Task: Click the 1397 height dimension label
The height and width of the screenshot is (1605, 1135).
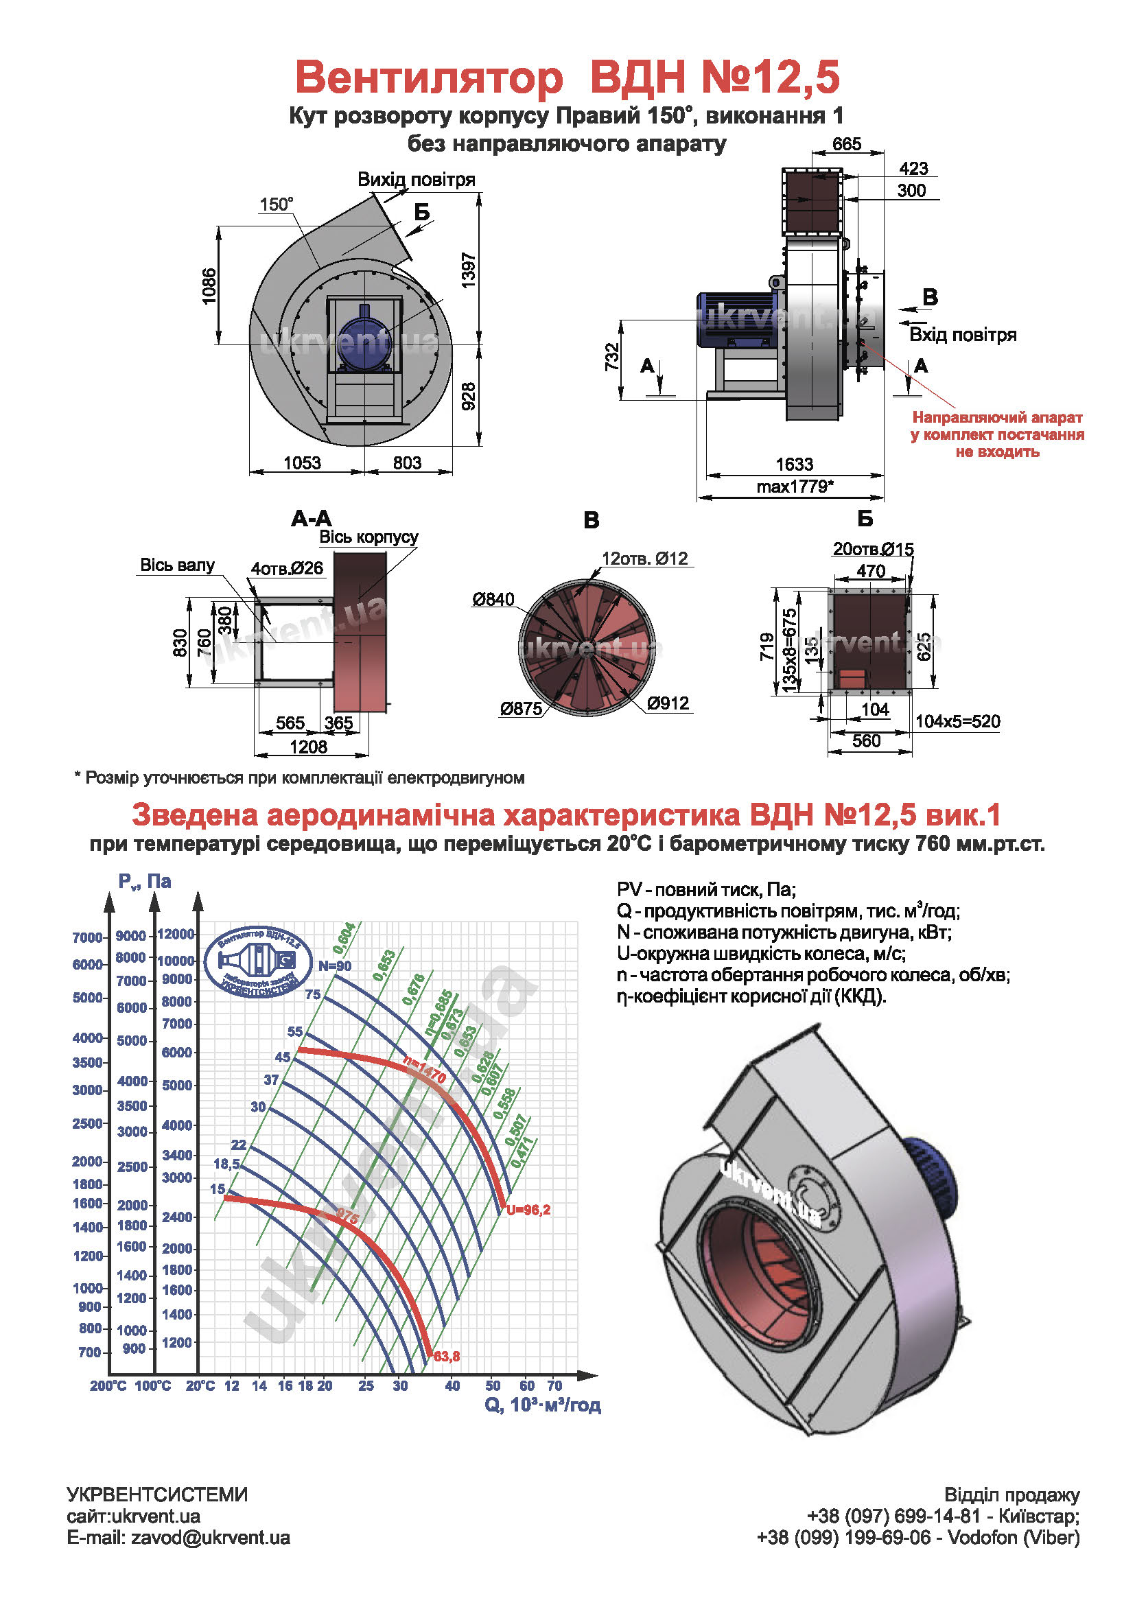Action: click(468, 270)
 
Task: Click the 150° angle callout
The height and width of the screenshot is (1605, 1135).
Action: click(276, 204)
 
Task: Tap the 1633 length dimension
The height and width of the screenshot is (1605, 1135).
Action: click(795, 464)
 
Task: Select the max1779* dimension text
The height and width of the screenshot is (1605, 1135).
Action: click(795, 487)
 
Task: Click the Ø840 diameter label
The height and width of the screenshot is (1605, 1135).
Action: click(493, 599)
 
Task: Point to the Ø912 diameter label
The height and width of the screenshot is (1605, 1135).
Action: click(668, 703)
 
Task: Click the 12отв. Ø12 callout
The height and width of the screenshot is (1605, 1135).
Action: click(644, 559)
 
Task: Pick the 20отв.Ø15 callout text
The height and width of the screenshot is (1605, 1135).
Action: click(873, 550)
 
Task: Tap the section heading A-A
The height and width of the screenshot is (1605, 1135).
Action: click(312, 519)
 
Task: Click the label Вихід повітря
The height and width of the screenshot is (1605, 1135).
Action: click(417, 180)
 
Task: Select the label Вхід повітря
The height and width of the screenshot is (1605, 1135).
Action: click(962, 335)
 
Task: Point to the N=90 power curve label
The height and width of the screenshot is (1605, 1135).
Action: click(335, 966)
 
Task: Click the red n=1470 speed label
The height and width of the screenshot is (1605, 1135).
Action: click(425, 1070)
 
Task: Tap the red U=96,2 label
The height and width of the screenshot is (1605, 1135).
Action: click(529, 1210)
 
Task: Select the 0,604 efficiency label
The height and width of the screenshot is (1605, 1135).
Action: click(344, 938)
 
